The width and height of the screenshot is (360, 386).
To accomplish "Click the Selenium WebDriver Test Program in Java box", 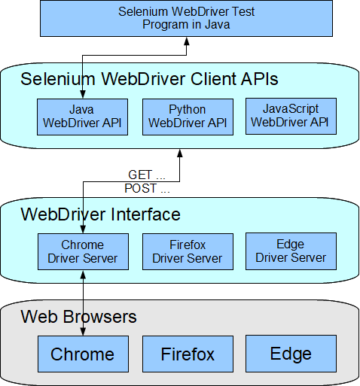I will point(186,18).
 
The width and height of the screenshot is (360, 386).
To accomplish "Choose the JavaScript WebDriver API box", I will point(291,117).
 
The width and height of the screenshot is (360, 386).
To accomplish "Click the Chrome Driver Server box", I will point(82,251).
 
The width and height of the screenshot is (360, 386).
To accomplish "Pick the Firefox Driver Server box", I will point(187,251).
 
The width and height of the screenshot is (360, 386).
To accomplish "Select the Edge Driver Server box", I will point(291,251).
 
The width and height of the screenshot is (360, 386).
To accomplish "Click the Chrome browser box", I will point(82,354).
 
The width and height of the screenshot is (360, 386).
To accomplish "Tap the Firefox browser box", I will point(187,354).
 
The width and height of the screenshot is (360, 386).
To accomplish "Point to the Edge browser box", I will point(291,354).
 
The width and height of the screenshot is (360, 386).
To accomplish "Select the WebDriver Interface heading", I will point(101,214).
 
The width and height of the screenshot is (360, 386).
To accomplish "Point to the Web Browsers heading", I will point(79,316).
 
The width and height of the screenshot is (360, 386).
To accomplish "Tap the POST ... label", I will point(147,188).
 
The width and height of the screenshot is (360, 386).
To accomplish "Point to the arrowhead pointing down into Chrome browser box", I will point(82,333).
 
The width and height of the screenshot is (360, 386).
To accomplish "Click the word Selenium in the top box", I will point(142,11).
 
